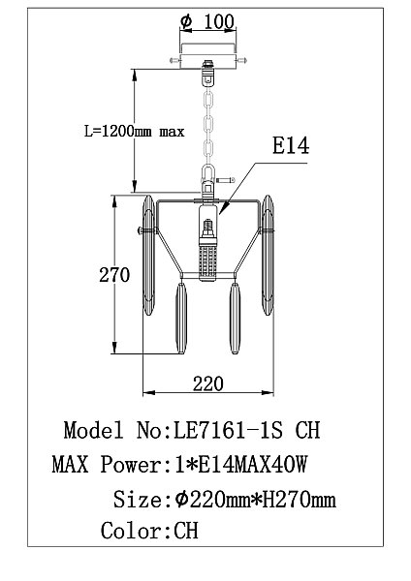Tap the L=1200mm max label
135,131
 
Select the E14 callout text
291,145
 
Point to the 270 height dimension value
114,275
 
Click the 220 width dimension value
208,383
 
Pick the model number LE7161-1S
229,430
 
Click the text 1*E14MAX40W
240,464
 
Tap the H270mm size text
300,499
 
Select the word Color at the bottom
131,531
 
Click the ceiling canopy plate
207,56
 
